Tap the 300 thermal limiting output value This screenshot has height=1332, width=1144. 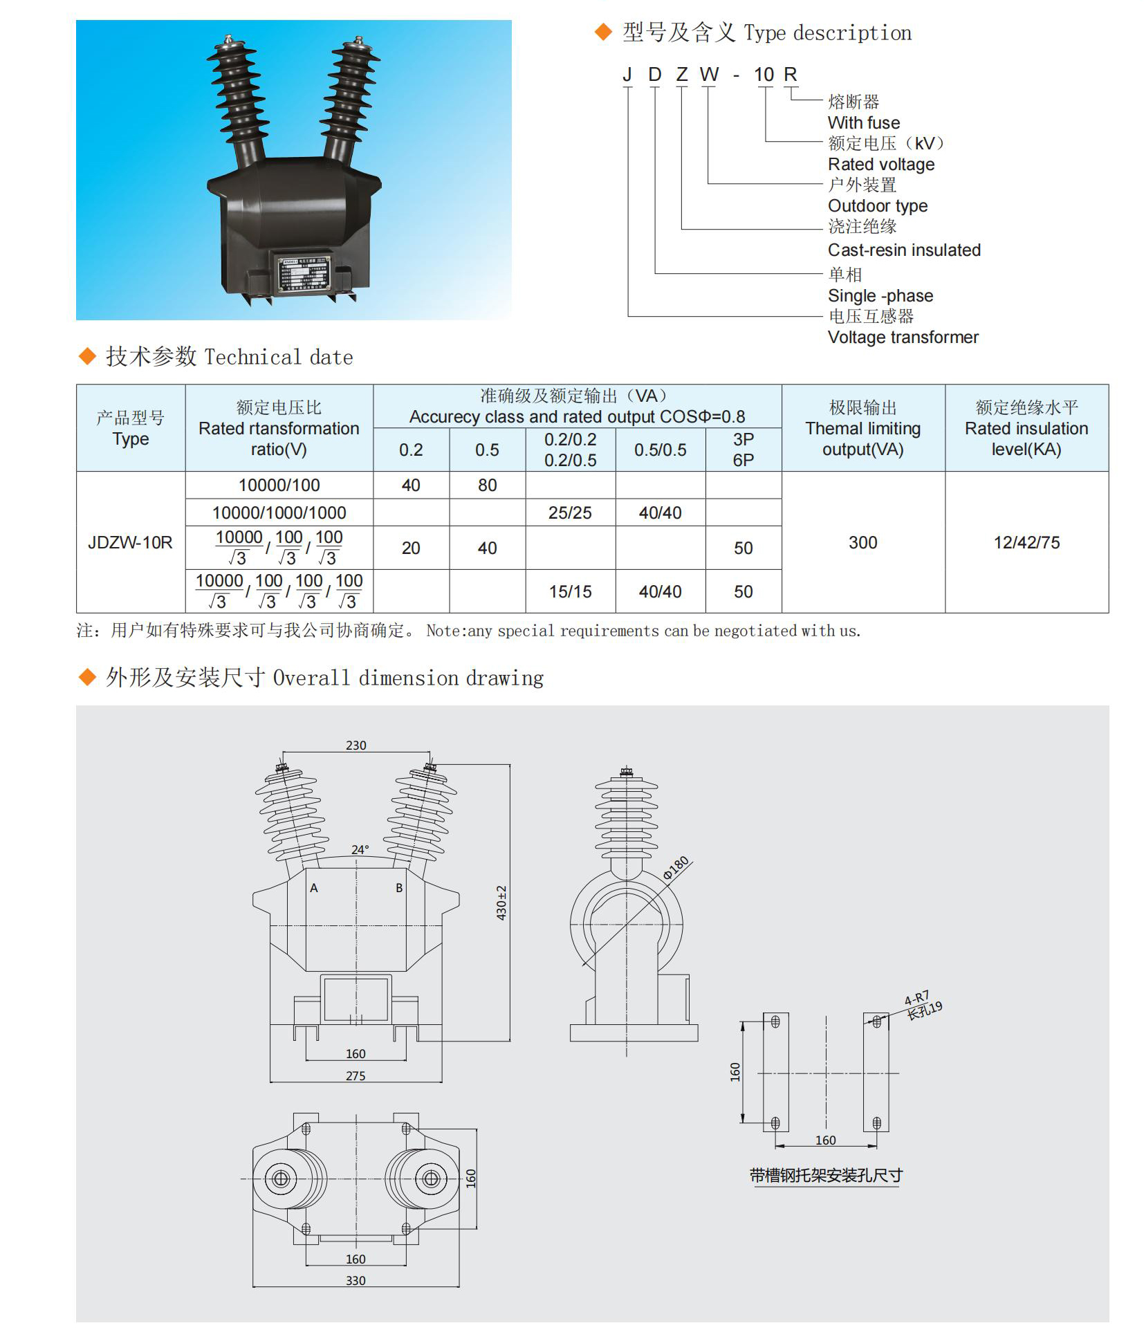click(862, 543)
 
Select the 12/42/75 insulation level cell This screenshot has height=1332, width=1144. click(1026, 543)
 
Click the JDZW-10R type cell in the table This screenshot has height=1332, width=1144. click(130, 543)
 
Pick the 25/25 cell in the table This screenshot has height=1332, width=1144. click(570, 513)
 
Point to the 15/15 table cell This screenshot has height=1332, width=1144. click(570, 592)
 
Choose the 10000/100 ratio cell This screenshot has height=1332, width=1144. click(279, 485)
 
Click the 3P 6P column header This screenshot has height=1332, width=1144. click(743, 450)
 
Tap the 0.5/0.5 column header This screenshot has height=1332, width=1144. click(660, 450)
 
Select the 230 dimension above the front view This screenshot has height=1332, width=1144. click(356, 746)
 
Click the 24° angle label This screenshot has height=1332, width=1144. click(360, 850)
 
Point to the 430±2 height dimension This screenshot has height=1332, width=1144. click(501, 903)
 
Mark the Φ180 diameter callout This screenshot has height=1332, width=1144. click(676, 868)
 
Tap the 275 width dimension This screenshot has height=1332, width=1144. click(356, 1076)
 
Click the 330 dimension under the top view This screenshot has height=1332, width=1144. click(356, 1281)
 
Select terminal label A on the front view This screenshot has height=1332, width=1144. click(314, 889)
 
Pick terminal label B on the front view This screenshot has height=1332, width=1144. click(399, 889)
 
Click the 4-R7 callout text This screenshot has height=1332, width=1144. click(916, 998)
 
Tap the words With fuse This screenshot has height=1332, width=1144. click(864, 123)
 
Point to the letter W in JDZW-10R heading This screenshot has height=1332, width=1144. click(709, 75)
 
